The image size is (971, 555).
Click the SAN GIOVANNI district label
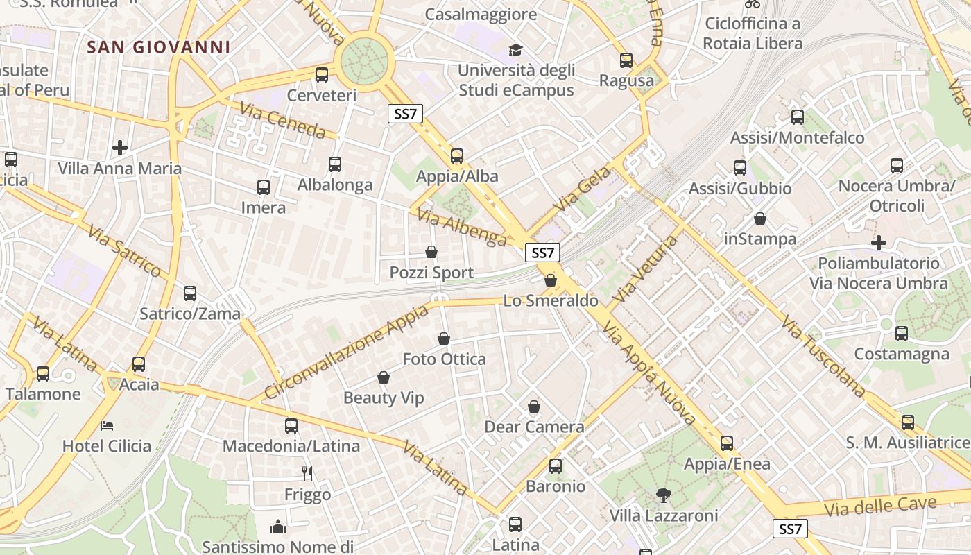pos(159,47)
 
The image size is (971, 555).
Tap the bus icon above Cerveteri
pos(321,75)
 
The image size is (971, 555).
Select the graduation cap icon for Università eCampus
pos(515,50)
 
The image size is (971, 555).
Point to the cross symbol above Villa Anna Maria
pos(120,148)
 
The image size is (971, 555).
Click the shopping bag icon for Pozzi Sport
pos(431,252)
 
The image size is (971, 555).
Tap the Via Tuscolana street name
pos(823,357)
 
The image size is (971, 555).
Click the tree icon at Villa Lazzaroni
pos(664,495)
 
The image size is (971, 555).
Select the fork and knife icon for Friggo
pos(307,474)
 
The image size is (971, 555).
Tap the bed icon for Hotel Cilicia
pos(107,425)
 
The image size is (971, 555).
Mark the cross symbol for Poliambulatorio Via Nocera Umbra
pos(879,243)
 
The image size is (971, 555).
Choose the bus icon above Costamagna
pos(902,334)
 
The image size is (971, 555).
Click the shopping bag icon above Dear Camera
pos(534,407)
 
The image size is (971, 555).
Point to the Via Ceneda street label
pos(283,121)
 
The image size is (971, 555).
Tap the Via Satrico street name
pos(125,251)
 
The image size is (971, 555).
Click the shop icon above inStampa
pos(760,219)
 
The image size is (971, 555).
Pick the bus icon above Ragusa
pos(626,60)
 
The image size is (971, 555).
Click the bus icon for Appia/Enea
pos(727,443)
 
